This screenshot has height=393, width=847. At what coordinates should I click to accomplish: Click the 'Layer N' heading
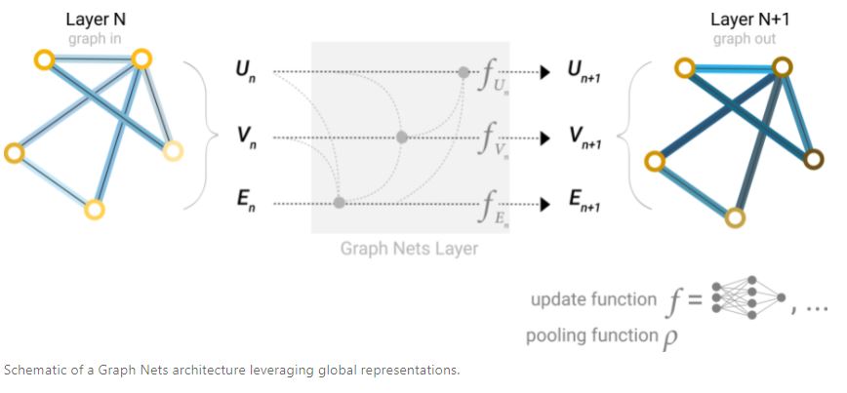[97, 20]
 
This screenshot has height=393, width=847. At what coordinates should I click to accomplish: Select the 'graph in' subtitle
[95, 39]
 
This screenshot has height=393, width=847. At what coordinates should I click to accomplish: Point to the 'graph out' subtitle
[745, 39]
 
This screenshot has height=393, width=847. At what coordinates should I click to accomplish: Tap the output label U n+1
[584, 73]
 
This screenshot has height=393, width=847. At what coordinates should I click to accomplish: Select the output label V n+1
[584, 138]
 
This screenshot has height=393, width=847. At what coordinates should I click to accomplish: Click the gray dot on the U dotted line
[464, 72]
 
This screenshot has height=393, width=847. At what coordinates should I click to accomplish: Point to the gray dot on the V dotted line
[401, 138]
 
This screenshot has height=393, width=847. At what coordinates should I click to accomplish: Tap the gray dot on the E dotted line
[339, 203]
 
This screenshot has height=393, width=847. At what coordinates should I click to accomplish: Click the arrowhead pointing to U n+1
[545, 72]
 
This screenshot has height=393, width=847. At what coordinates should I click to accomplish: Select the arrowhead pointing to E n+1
[545, 204]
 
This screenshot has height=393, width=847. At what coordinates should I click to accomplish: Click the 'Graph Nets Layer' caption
[409, 249]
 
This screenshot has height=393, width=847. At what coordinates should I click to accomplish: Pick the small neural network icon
[747, 297]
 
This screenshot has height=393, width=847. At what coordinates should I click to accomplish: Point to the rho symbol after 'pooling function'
[670, 339]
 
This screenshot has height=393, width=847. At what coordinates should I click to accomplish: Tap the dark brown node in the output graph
[814, 159]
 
